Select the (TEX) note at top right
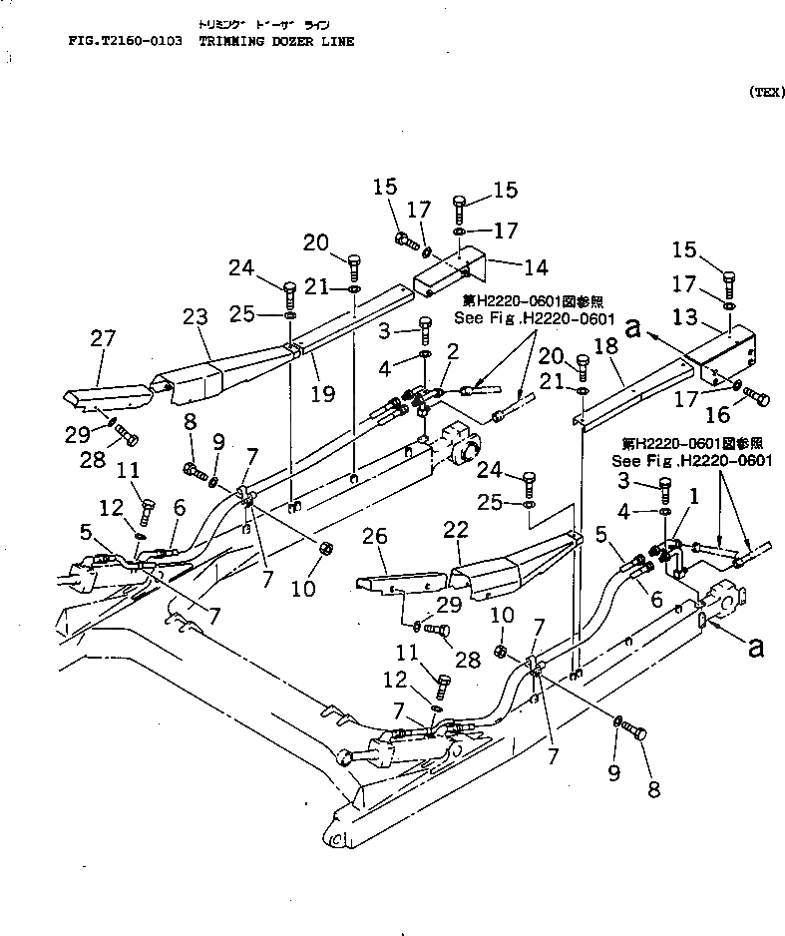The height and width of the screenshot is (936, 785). point(763,92)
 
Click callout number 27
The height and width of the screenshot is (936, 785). point(104,339)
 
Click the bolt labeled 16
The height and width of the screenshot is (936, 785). point(757,399)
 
